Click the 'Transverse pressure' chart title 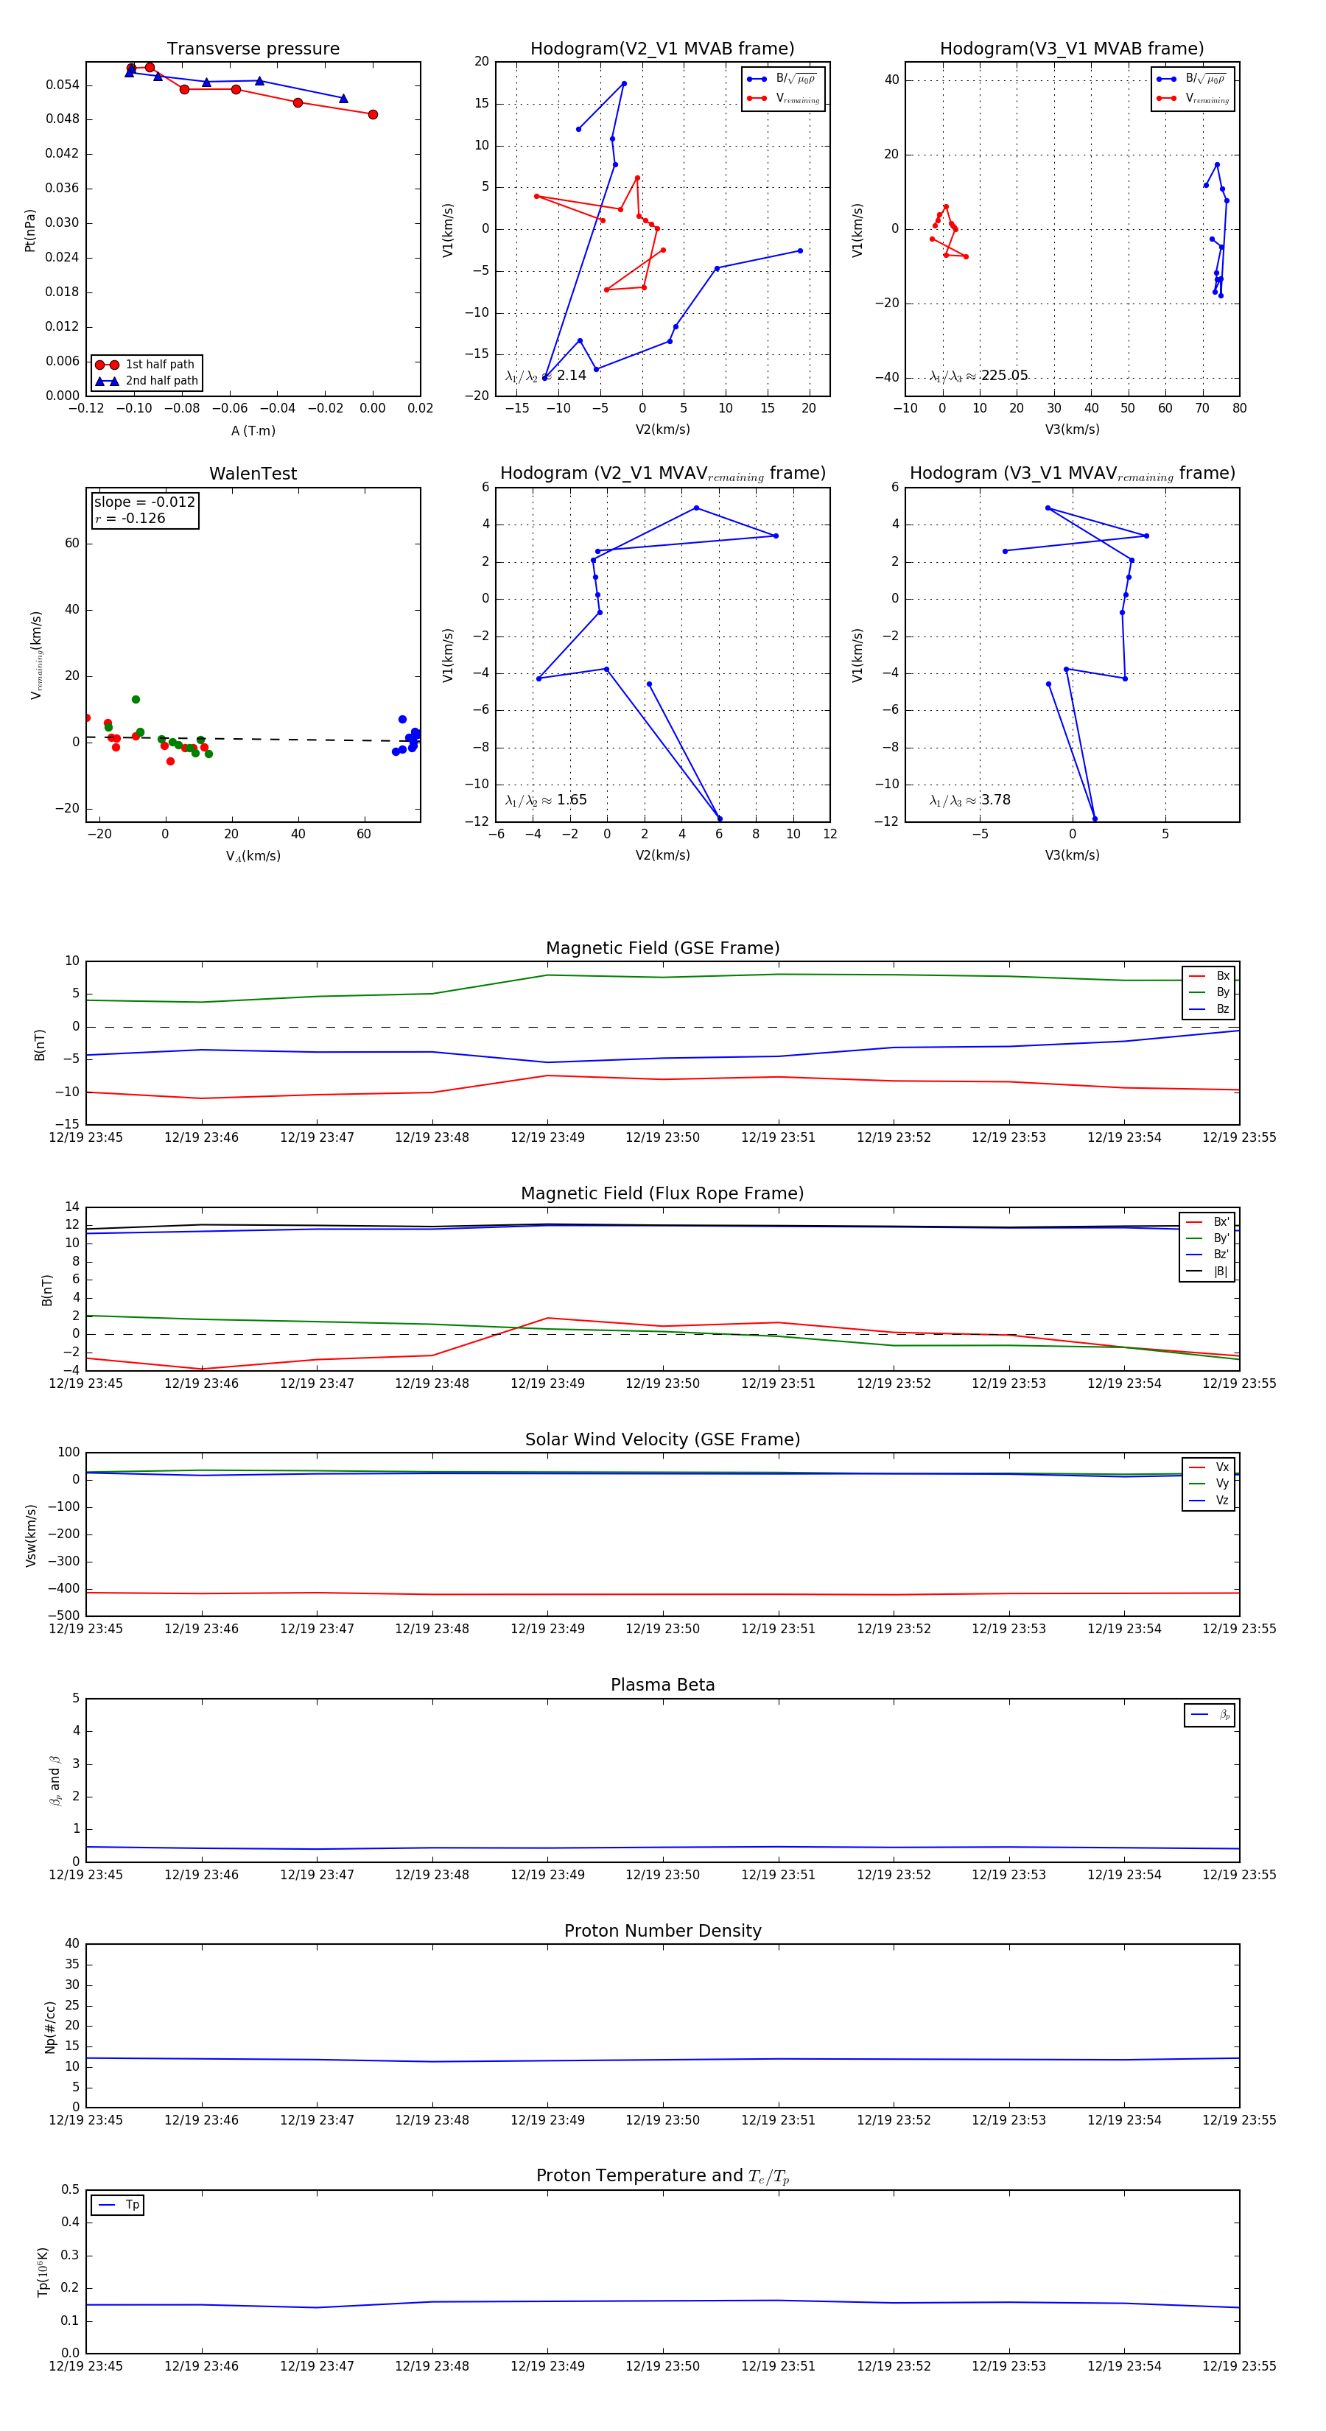coord(253,49)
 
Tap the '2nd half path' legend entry coord(161,382)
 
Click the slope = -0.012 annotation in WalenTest coord(144,502)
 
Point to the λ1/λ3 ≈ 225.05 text coord(979,376)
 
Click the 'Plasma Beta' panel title coord(662,1685)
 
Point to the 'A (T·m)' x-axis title coord(253,431)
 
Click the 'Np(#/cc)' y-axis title coord(51,2027)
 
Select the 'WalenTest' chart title coord(253,474)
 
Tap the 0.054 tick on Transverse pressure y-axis coord(63,85)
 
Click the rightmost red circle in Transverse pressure coord(373,114)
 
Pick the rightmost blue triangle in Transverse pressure coord(343,98)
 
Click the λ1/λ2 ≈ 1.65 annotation coord(547,800)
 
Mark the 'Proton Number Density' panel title coord(662,1931)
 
